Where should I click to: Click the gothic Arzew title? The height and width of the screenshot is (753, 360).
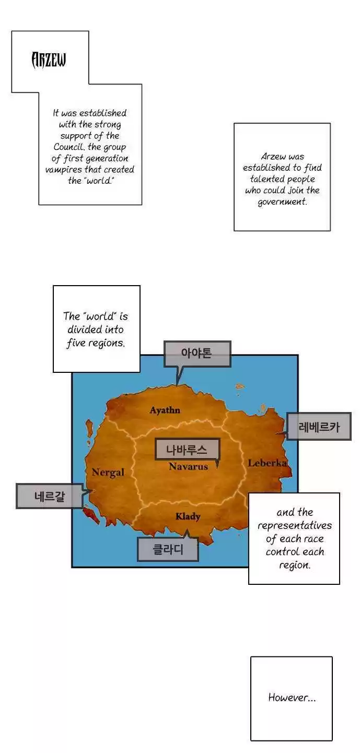tap(49, 60)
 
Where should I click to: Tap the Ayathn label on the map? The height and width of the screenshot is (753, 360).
tap(165, 410)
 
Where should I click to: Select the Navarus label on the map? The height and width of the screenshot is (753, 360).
tap(189, 467)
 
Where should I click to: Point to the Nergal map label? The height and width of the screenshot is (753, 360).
tap(108, 473)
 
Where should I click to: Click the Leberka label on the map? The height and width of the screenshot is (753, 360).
tap(268, 463)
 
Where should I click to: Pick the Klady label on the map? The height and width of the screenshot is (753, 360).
tap(188, 516)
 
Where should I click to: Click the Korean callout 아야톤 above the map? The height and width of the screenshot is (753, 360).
tap(196, 353)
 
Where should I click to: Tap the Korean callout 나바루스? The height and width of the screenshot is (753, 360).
tap(187, 450)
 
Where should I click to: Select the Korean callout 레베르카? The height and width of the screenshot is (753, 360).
tap(319, 427)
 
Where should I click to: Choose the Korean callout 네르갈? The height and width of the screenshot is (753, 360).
tap(50, 496)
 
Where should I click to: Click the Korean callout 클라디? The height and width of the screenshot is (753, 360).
tap(168, 549)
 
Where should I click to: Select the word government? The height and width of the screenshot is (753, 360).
tap(282, 202)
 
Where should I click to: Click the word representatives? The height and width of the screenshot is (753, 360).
tap(295, 525)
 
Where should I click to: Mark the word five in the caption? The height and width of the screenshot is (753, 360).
tap(74, 343)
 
